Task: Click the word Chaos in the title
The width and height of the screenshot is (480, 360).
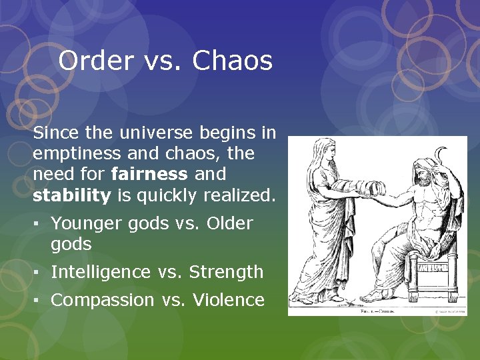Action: click(233, 61)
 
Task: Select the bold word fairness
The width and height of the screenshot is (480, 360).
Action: click(150, 174)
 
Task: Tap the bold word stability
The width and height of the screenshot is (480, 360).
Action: click(71, 195)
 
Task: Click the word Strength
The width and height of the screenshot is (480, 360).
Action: click(227, 272)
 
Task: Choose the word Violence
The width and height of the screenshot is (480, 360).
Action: click(229, 300)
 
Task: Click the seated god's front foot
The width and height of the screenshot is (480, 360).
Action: click(379, 295)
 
